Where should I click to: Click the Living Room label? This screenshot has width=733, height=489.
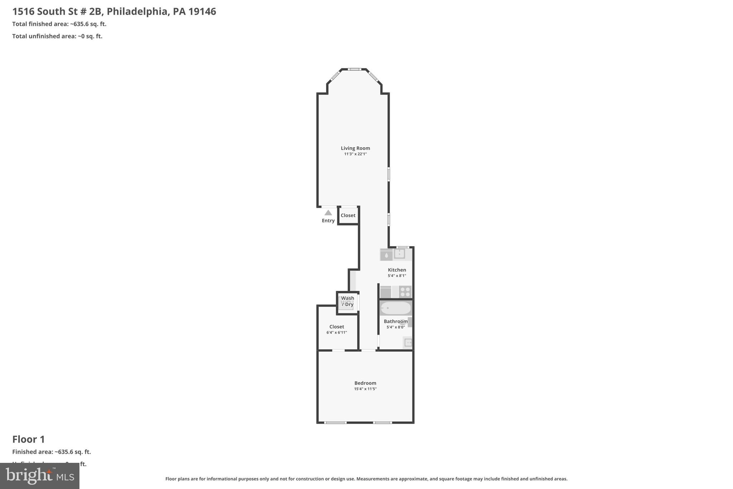point(355,148)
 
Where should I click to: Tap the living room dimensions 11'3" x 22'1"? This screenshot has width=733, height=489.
point(355,154)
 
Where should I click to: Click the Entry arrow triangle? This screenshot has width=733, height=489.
point(328,212)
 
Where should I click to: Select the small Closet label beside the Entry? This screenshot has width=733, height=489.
point(348,215)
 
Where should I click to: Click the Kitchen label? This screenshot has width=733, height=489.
point(397,270)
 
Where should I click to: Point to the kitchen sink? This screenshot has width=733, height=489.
point(399,254)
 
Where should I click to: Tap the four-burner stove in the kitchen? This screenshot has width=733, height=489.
point(405,292)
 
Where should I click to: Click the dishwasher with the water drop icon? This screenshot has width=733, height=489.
point(386,255)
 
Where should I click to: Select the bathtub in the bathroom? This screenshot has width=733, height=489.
point(395,308)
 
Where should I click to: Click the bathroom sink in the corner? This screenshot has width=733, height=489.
point(408,343)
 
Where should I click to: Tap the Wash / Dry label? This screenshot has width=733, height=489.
point(347,301)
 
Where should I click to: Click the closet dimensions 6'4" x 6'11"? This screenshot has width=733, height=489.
point(336,332)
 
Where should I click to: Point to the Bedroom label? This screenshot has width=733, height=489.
point(365,383)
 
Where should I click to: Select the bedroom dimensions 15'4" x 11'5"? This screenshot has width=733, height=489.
point(365,389)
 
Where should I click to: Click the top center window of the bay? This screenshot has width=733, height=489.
point(354,69)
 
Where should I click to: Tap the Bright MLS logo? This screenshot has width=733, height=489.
point(40,476)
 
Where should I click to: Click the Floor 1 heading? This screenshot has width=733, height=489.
point(29,439)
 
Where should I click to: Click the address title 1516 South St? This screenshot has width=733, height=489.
point(114,11)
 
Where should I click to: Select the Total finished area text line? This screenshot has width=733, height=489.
point(59,24)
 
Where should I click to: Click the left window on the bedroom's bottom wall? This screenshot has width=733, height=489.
point(335,423)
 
